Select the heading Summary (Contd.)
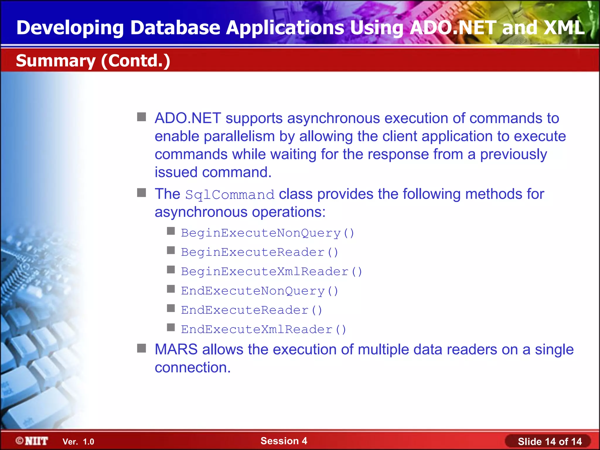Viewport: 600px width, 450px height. click(93, 61)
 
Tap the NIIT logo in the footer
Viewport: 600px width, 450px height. click(32, 441)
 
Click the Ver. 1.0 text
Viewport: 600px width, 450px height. click(78, 442)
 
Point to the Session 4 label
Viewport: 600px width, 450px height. click(284, 441)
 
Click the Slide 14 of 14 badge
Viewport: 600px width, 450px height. click(549, 442)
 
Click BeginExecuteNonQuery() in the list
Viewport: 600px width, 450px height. click(267, 233)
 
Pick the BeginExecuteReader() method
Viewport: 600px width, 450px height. click(260, 253)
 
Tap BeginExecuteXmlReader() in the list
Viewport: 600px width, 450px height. click(272, 272)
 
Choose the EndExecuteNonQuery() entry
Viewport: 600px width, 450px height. click(260, 291)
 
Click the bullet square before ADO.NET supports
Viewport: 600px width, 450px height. click(142, 117)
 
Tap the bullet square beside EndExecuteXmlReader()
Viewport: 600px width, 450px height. click(171, 327)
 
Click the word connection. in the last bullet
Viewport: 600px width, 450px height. click(192, 368)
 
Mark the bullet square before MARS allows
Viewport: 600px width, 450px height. click(142, 349)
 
